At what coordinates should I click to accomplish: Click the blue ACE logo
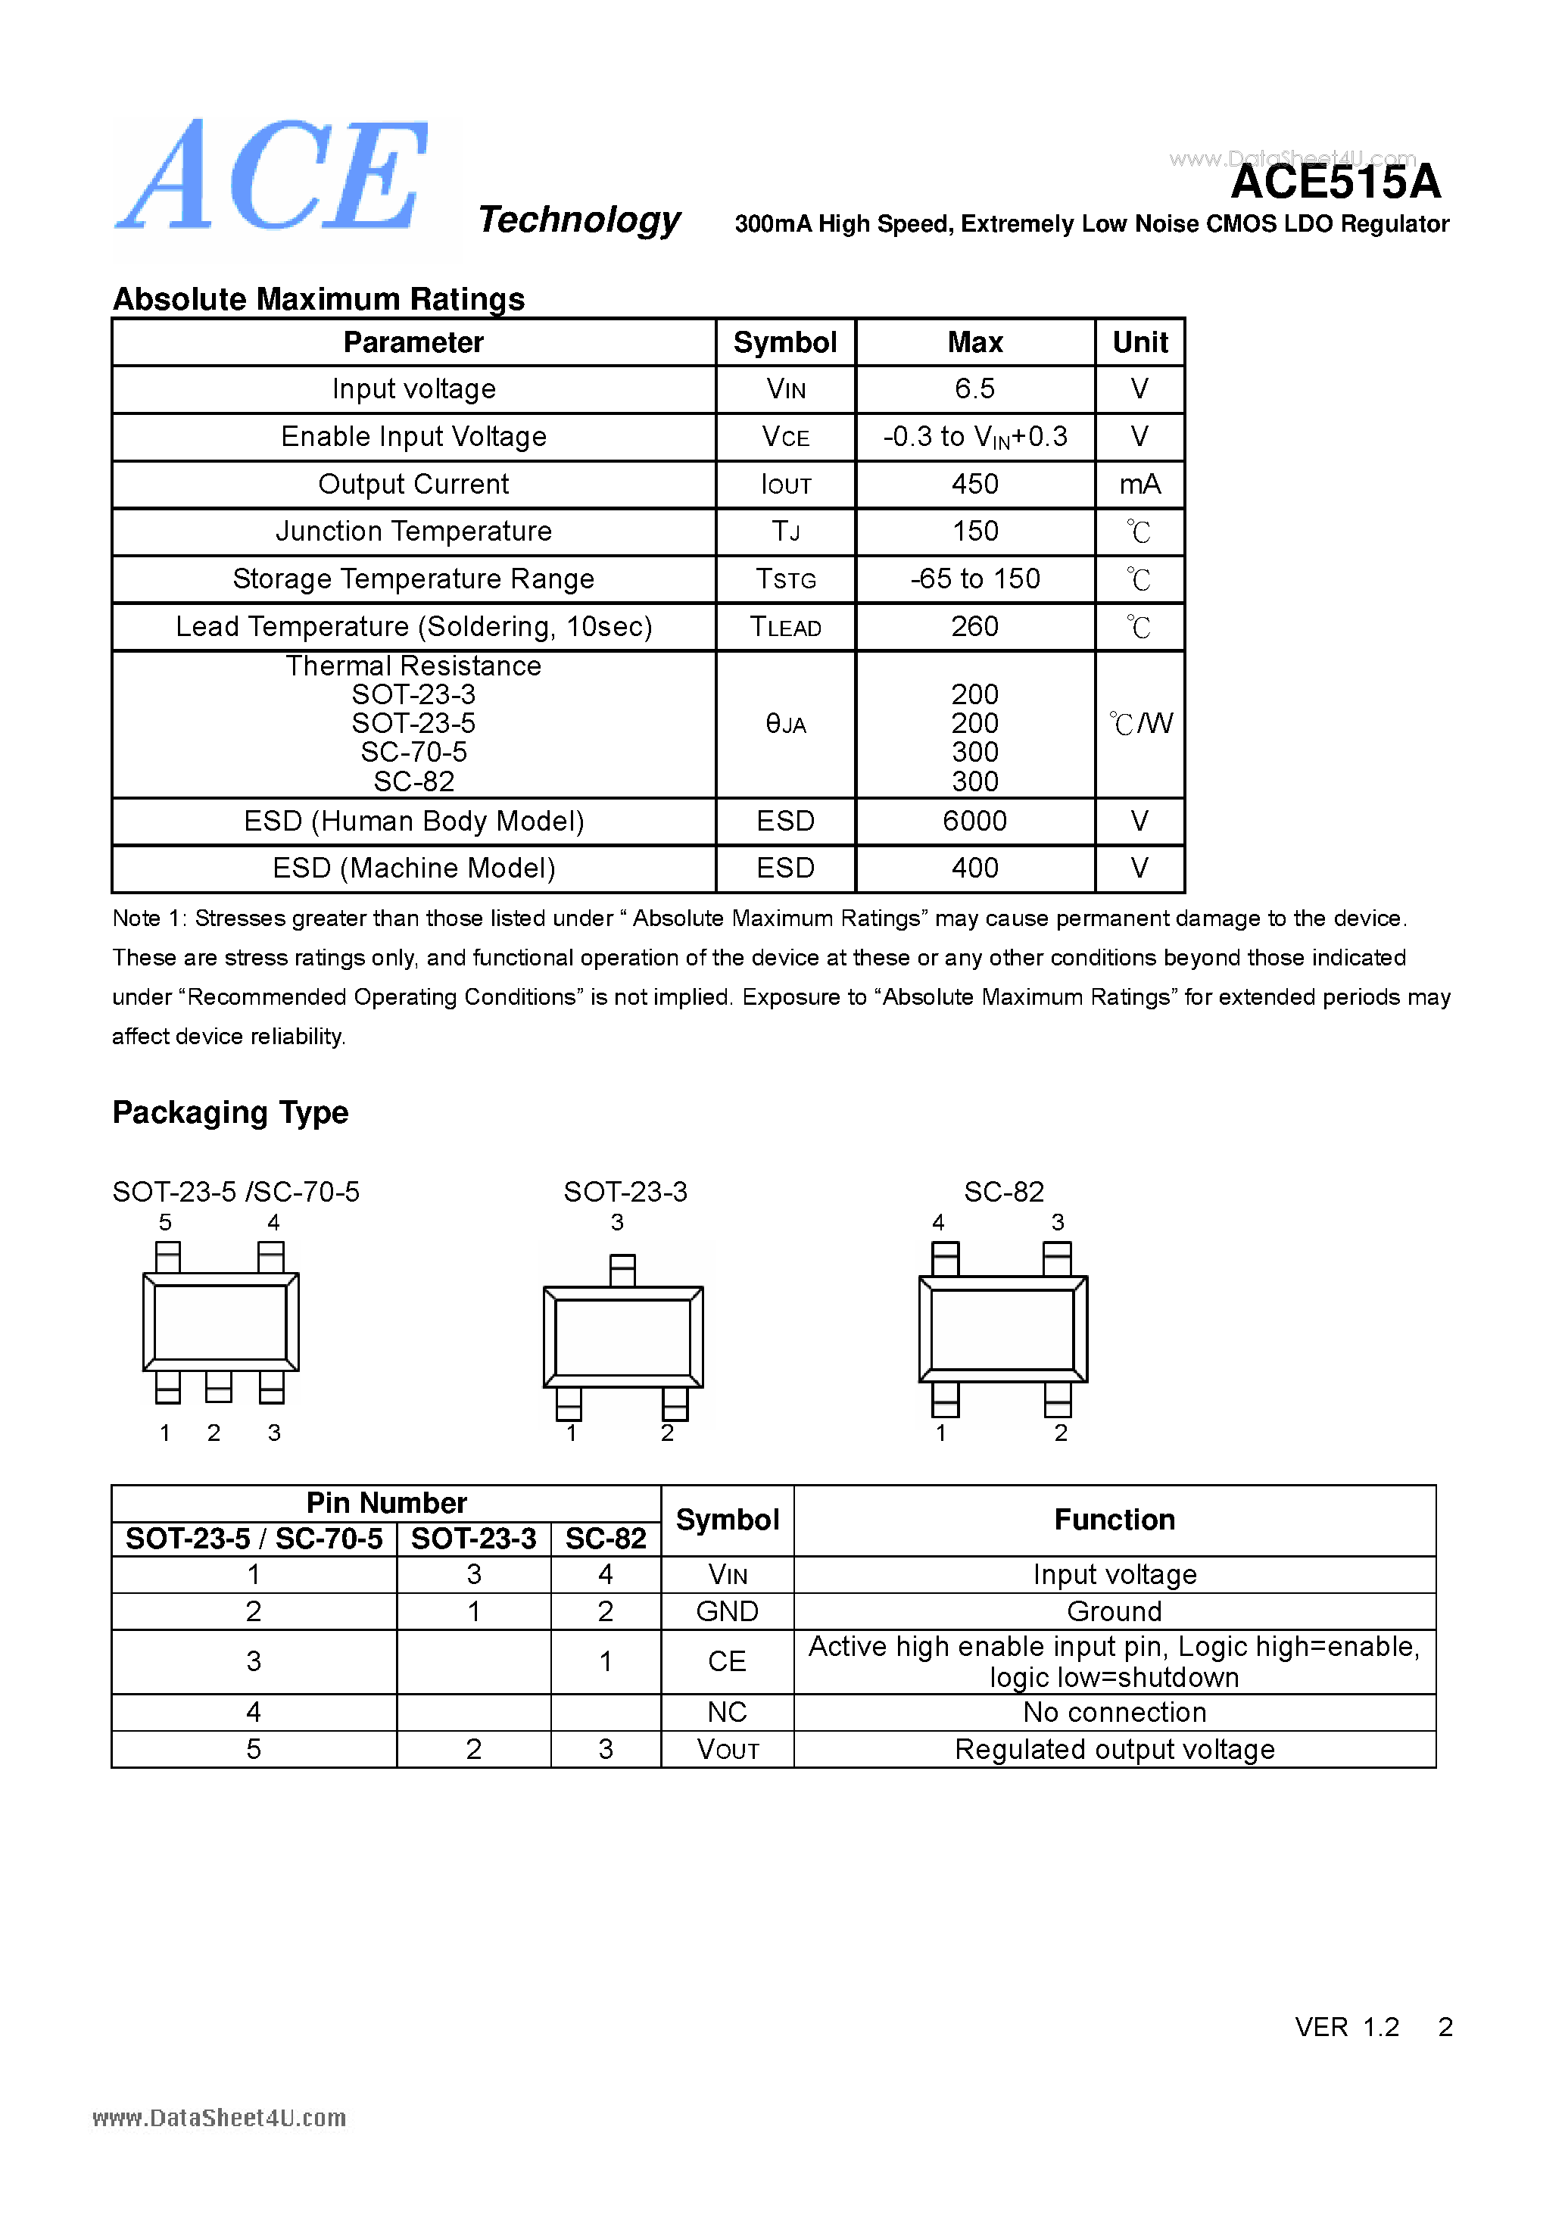272,176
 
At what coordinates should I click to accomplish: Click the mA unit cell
1139,484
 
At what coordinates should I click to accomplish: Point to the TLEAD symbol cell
785,627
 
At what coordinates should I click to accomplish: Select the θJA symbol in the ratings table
785,723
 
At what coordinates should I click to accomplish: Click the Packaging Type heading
230,1112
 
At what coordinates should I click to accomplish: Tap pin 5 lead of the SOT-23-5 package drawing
168,1256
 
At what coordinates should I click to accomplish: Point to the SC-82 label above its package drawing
1004,1192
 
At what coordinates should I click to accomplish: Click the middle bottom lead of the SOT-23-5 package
219,1386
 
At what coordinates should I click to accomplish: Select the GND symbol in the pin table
727,1611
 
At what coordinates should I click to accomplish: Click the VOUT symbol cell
727,1749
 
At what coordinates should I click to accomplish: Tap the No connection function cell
1114,1711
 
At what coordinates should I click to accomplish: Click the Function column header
1114,1520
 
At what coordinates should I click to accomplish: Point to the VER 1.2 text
1346,2027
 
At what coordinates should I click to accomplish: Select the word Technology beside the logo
579,220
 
